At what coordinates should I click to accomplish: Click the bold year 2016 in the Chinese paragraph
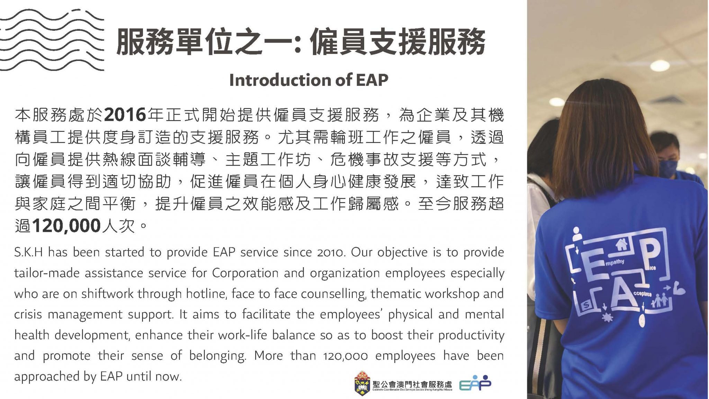125,115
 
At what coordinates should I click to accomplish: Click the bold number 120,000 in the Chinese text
66,226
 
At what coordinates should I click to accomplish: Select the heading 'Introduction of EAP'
308,80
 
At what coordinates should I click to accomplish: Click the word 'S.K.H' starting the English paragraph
28,252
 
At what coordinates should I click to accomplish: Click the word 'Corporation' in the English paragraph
245,273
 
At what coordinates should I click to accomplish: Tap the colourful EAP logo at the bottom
475,383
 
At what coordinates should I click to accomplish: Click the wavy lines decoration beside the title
52,40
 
